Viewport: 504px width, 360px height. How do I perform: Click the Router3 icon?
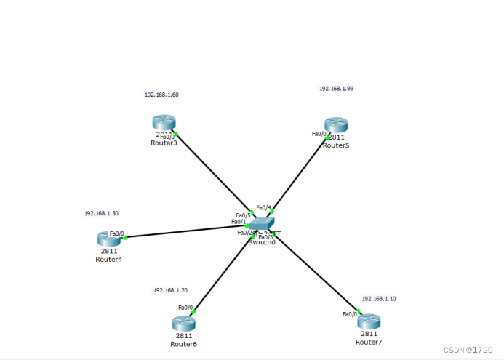coord(164,122)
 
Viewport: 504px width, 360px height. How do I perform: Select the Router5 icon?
coord(336,124)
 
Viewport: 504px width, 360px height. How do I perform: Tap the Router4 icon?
coord(109,238)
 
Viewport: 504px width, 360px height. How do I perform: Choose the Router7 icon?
coord(369,321)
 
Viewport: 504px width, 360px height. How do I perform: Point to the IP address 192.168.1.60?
coord(161,95)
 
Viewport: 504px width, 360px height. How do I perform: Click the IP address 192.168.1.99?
coord(336,89)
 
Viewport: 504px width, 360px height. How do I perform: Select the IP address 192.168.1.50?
coord(101,214)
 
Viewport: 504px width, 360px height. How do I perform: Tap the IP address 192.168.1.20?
coord(170,290)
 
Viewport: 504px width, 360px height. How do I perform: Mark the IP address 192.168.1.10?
coord(379,299)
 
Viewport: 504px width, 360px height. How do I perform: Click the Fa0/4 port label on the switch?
coord(264,207)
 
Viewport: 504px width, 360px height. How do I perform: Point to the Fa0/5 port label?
coord(243,215)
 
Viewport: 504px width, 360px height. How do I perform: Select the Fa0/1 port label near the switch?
coord(239,222)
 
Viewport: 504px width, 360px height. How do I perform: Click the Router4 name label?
coord(108,260)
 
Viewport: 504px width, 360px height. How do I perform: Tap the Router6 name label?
coord(183,344)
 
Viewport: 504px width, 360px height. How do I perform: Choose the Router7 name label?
coord(369,342)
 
